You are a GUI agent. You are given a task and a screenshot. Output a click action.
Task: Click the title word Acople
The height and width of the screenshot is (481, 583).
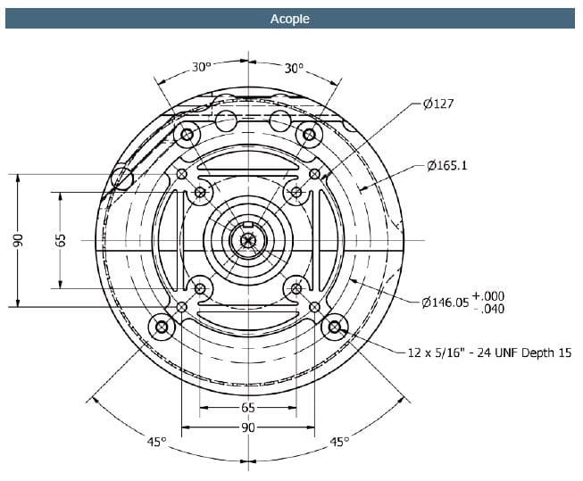point(290,19)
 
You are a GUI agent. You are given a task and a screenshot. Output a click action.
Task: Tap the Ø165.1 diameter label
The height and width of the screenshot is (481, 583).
point(447,166)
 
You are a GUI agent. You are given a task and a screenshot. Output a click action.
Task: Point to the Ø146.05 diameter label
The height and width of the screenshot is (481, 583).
point(444,303)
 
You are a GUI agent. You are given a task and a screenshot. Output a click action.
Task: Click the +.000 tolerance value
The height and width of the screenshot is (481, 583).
point(488,295)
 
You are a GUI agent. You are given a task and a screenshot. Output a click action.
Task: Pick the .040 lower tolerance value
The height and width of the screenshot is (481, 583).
point(491,310)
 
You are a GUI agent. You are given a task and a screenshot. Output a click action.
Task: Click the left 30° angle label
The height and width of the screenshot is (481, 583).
point(202,68)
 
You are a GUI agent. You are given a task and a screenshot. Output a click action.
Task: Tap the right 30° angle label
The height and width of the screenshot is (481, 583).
point(294,68)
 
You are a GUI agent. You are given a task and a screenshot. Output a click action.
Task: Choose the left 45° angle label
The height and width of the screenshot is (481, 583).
point(156,441)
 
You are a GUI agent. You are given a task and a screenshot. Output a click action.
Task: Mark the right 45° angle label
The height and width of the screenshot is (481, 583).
point(339,441)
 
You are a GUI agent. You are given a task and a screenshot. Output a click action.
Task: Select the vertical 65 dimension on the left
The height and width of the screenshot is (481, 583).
point(60,240)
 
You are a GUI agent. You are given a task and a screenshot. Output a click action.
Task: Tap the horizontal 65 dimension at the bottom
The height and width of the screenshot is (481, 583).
point(247,408)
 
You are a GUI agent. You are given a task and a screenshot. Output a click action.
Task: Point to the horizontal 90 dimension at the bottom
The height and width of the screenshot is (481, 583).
point(247,427)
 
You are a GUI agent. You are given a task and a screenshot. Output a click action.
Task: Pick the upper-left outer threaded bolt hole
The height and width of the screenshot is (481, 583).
point(187,137)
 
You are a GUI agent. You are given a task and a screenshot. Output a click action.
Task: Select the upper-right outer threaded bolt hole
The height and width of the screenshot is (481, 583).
point(309,136)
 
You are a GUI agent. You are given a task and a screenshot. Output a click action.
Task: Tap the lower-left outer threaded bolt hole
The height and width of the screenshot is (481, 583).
point(162,328)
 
